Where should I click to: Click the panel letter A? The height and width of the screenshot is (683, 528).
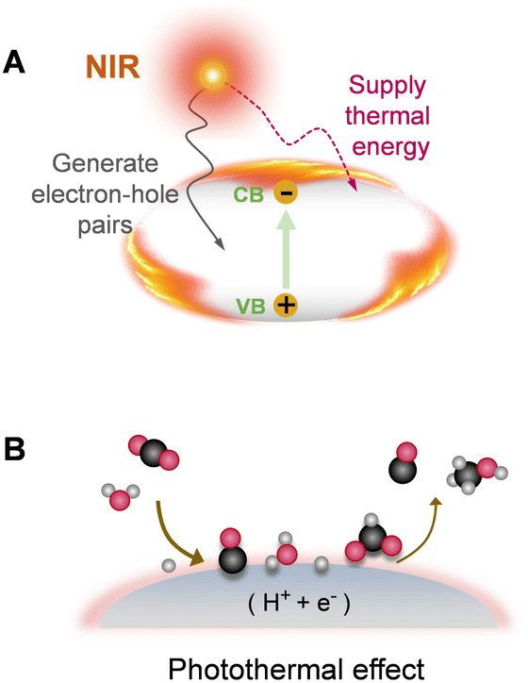pyautogui.click(x=13, y=62)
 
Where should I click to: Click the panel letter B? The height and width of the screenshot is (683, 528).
pyautogui.click(x=14, y=449)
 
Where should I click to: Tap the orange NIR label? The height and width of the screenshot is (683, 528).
pyautogui.click(x=113, y=67)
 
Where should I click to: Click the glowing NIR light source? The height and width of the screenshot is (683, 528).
pyautogui.click(x=212, y=76)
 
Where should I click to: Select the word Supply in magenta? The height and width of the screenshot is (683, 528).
pyautogui.click(x=387, y=87)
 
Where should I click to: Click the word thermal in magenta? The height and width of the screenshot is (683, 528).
pyautogui.click(x=388, y=116)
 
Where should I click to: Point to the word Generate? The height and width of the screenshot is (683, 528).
pyautogui.click(x=106, y=164)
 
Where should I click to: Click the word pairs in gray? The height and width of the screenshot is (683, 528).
pyautogui.click(x=105, y=225)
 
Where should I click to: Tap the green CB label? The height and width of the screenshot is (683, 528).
pyautogui.click(x=249, y=194)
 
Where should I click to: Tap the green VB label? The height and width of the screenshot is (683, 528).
pyautogui.click(x=251, y=307)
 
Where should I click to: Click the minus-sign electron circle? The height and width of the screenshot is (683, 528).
pyautogui.click(x=286, y=193)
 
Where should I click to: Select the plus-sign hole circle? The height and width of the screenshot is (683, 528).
pyautogui.click(x=286, y=305)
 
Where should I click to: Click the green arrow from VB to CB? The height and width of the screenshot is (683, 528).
pyautogui.click(x=286, y=249)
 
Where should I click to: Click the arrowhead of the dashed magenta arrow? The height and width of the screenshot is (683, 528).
pyautogui.click(x=354, y=186)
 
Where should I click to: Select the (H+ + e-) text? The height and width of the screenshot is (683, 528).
pyautogui.click(x=300, y=604)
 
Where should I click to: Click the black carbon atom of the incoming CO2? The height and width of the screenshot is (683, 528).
pyautogui.click(x=154, y=454)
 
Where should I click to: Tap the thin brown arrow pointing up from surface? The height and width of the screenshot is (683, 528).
pyautogui.click(x=421, y=531)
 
